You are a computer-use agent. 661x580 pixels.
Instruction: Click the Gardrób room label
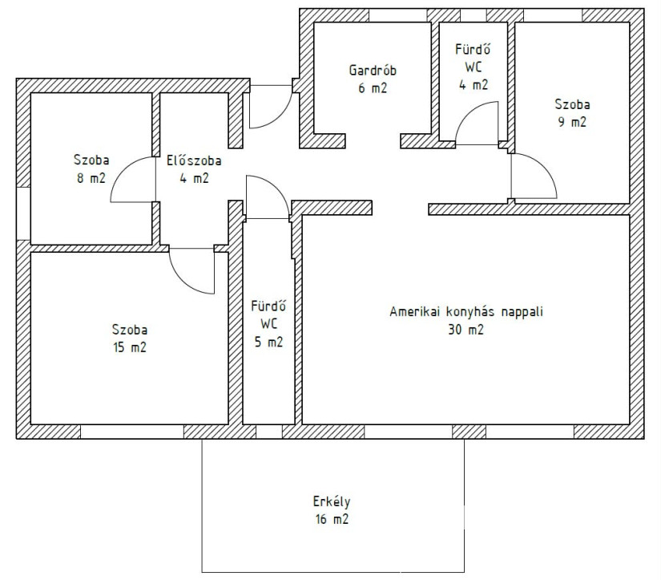[x=373, y=70]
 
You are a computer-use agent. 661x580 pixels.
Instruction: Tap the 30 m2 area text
[x=466, y=329]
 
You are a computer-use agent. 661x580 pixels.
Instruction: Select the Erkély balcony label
[x=332, y=501]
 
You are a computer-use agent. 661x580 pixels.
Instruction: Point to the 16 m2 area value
[x=333, y=519]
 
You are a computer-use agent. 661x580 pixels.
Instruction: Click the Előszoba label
[x=194, y=160]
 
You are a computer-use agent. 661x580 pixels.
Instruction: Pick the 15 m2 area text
[x=130, y=347]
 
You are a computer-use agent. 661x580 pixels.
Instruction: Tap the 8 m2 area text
[x=91, y=178]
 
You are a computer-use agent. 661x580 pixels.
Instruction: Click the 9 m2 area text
[x=572, y=122]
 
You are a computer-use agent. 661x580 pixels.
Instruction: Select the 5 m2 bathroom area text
[x=268, y=342]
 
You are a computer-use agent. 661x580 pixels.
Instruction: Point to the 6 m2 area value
[x=373, y=88]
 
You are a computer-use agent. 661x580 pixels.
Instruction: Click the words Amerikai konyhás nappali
[x=466, y=311]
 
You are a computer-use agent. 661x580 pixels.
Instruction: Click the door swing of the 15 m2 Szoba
[x=182, y=281]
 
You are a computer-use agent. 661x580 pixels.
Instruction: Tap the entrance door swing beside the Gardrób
[x=280, y=116]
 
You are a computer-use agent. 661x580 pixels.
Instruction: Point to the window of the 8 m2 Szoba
[x=23, y=213]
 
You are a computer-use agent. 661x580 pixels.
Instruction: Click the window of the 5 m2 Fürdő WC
[x=269, y=432]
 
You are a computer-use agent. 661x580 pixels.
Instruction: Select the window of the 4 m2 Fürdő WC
[x=474, y=15]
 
